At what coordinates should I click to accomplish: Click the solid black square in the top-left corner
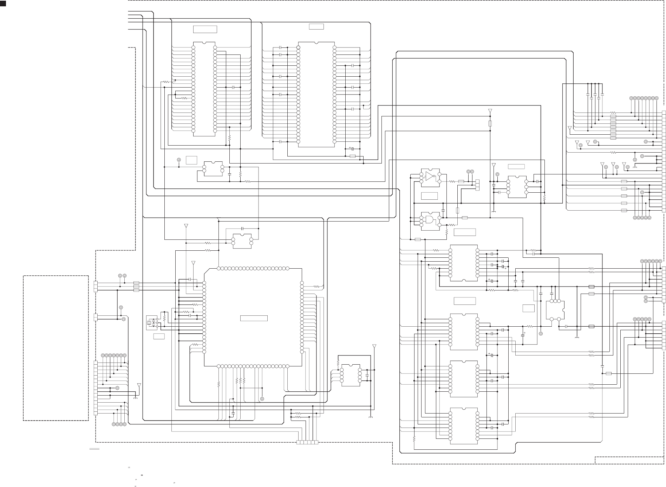point(3,3)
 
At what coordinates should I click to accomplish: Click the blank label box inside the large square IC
point(254,318)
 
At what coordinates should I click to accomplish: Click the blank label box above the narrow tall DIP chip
point(205,29)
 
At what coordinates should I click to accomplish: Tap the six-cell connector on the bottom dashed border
point(307,442)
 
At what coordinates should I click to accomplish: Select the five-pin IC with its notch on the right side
point(555,310)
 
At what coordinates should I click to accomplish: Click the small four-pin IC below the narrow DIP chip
point(213,169)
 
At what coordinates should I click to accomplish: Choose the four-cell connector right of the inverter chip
point(477,185)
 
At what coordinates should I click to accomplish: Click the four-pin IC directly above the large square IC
point(242,241)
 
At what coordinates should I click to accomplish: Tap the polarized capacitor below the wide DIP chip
point(352,149)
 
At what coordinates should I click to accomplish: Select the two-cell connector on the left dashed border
point(96,317)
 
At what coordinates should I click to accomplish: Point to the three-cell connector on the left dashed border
point(96,287)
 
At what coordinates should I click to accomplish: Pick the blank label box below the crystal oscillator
point(159,337)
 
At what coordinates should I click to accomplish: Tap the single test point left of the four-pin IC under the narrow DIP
point(179,160)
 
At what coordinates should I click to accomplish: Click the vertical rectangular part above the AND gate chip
point(457,210)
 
